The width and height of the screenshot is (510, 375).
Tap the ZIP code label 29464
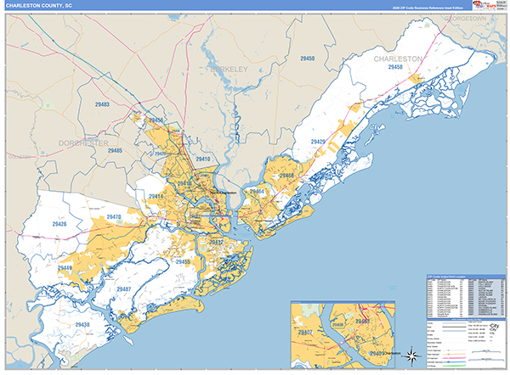257,193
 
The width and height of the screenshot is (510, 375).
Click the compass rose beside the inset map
411,354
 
